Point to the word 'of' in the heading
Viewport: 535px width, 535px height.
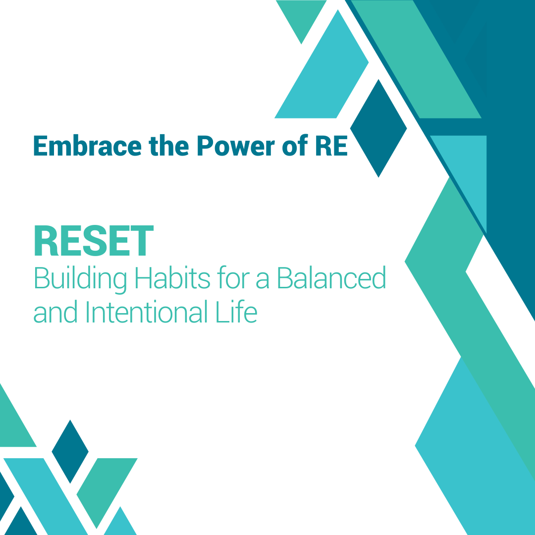click(x=295, y=145)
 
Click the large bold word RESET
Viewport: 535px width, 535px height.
click(x=94, y=241)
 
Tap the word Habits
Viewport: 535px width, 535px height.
click(x=173, y=278)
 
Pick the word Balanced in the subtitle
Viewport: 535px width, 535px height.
click(x=331, y=278)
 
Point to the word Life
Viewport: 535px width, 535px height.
click(x=236, y=312)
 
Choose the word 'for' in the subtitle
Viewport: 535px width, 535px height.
click(x=233, y=278)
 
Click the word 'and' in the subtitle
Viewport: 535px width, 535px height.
click(x=55, y=312)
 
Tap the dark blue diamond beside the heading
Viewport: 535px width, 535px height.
click(x=378, y=128)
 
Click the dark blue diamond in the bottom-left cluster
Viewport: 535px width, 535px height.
click(x=70, y=451)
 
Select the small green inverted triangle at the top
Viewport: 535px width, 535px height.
click(x=301, y=17)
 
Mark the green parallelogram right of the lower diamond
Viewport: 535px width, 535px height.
click(x=107, y=491)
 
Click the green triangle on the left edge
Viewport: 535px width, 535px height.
click(x=14, y=423)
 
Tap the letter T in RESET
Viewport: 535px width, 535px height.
click(x=142, y=241)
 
